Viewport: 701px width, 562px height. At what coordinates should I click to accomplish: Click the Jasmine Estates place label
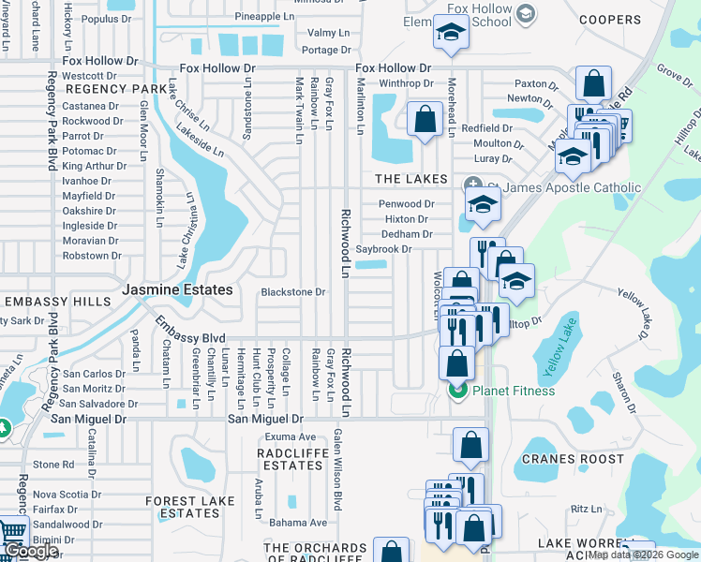click(x=176, y=290)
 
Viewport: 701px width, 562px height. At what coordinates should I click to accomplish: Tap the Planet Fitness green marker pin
click(x=457, y=391)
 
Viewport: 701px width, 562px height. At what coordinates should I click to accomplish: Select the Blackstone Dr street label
click(x=292, y=292)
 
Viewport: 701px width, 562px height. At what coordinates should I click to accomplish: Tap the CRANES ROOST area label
click(x=572, y=459)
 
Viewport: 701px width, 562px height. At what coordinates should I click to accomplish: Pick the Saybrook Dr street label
click(x=383, y=249)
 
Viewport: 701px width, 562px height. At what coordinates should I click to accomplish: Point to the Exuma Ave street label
click(x=290, y=436)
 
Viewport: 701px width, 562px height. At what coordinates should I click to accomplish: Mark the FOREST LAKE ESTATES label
click(x=189, y=507)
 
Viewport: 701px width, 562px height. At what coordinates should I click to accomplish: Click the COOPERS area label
click(x=610, y=20)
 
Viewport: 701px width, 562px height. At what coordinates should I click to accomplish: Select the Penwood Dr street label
click(x=406, y=204)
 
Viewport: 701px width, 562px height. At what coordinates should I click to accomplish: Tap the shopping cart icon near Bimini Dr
click(x=12, y=535)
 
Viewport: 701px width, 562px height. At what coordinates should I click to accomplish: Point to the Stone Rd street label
click(x=52, y=465)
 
